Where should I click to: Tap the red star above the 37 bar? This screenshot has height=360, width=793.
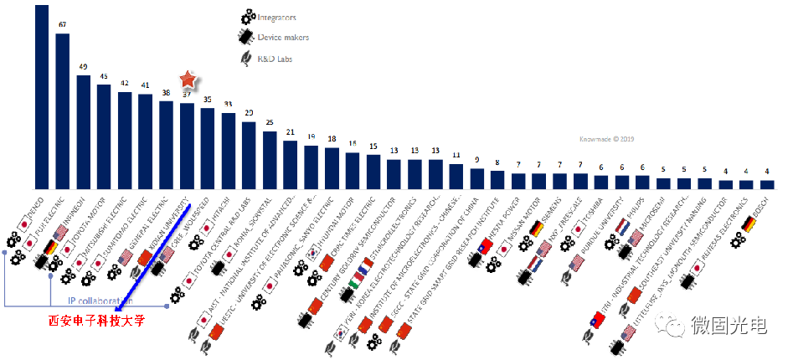tap(188, 80)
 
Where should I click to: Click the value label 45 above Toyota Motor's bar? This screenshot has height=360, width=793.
tap(104, 77)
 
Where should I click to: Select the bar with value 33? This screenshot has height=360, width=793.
tap(228, 151)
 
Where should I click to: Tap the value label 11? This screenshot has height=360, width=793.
tap(456, 155)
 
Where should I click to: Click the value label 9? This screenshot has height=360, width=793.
tap(476, 160)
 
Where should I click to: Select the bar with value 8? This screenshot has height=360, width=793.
tap(497, 180)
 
